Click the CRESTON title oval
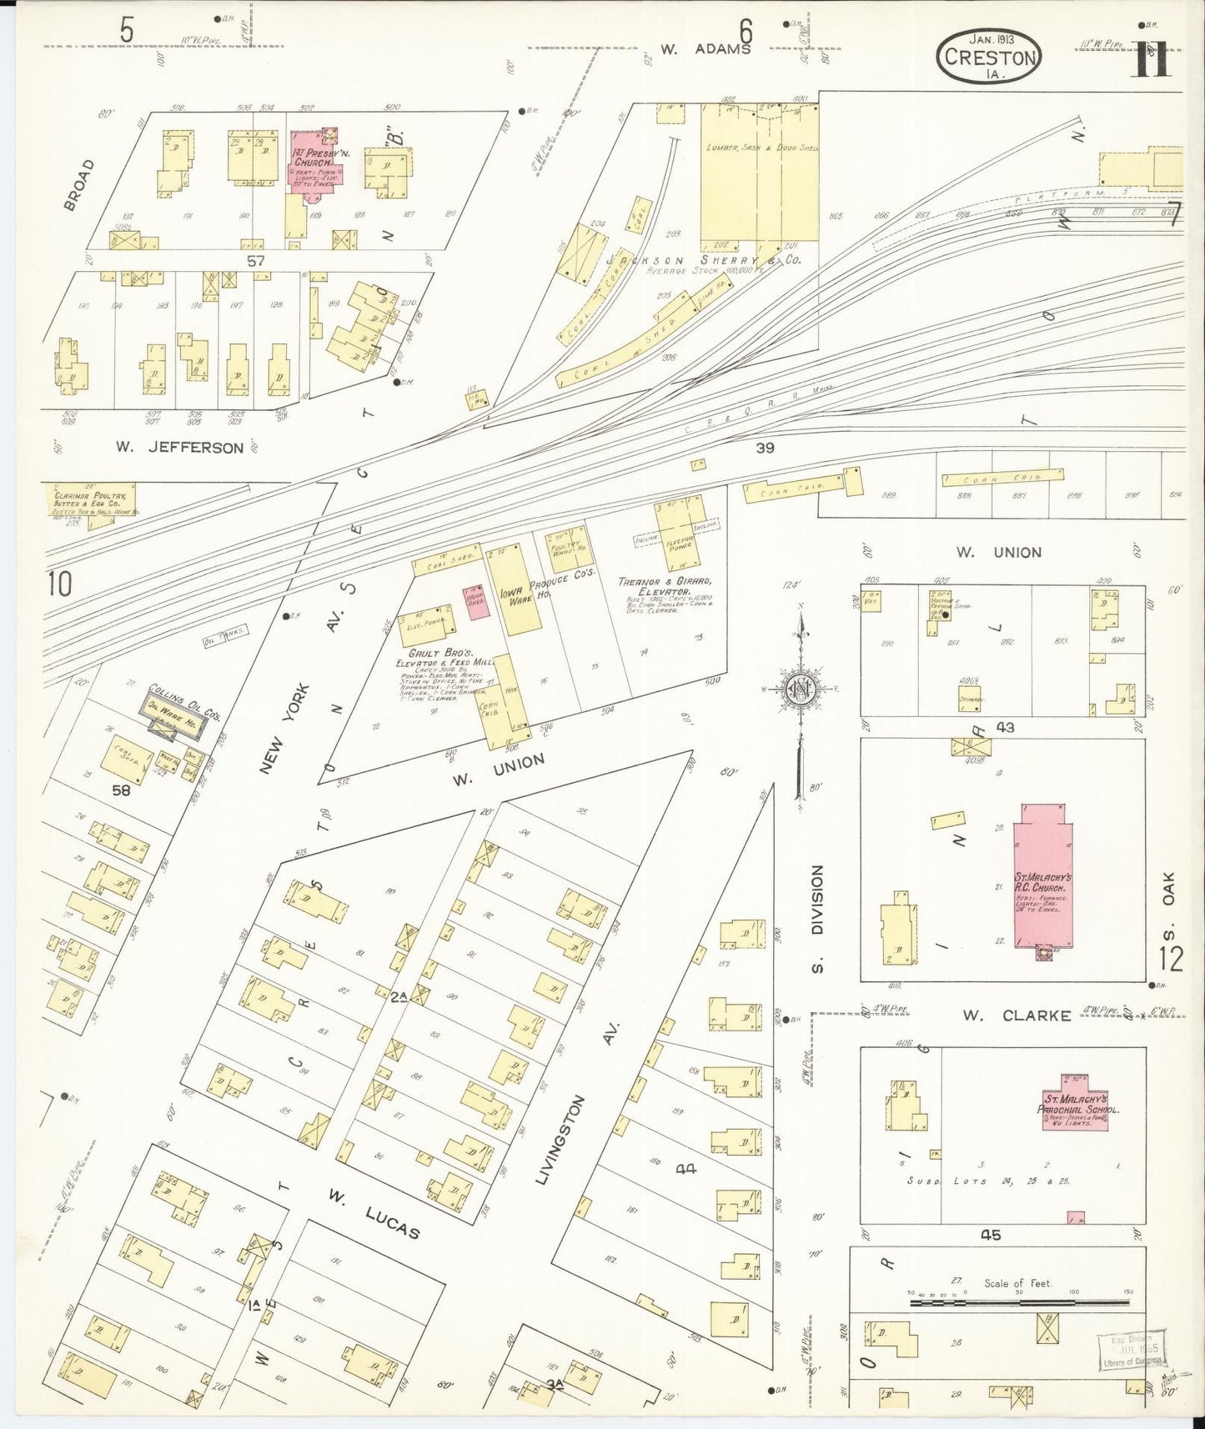(989, 57)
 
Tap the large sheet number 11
(1152, 60)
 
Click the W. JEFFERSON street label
(179, 448)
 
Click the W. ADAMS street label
(705, 49)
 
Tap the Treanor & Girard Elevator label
(664, 585)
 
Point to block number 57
(255, 261)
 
